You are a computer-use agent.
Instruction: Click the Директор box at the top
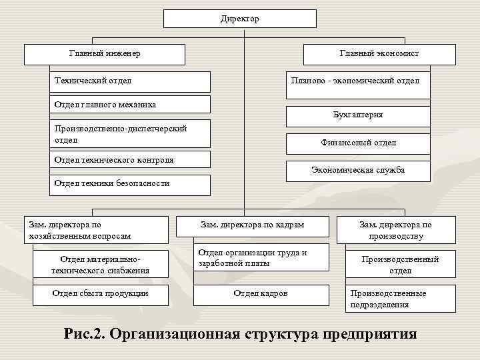239,19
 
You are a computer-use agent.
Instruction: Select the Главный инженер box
105,53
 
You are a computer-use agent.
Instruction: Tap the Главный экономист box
379,53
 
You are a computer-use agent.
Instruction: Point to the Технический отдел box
130,81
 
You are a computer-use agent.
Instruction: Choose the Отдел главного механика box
130,104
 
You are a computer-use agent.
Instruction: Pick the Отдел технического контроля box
130,160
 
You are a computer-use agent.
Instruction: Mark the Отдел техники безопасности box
130,183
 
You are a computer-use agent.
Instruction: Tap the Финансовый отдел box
357,143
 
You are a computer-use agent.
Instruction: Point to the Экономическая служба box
357,171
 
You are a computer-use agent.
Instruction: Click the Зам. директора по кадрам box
252,225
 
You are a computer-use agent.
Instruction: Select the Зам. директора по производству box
395,230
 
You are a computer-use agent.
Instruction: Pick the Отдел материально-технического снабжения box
100,264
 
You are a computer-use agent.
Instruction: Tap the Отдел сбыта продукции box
100,294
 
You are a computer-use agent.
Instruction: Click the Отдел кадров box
261,294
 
